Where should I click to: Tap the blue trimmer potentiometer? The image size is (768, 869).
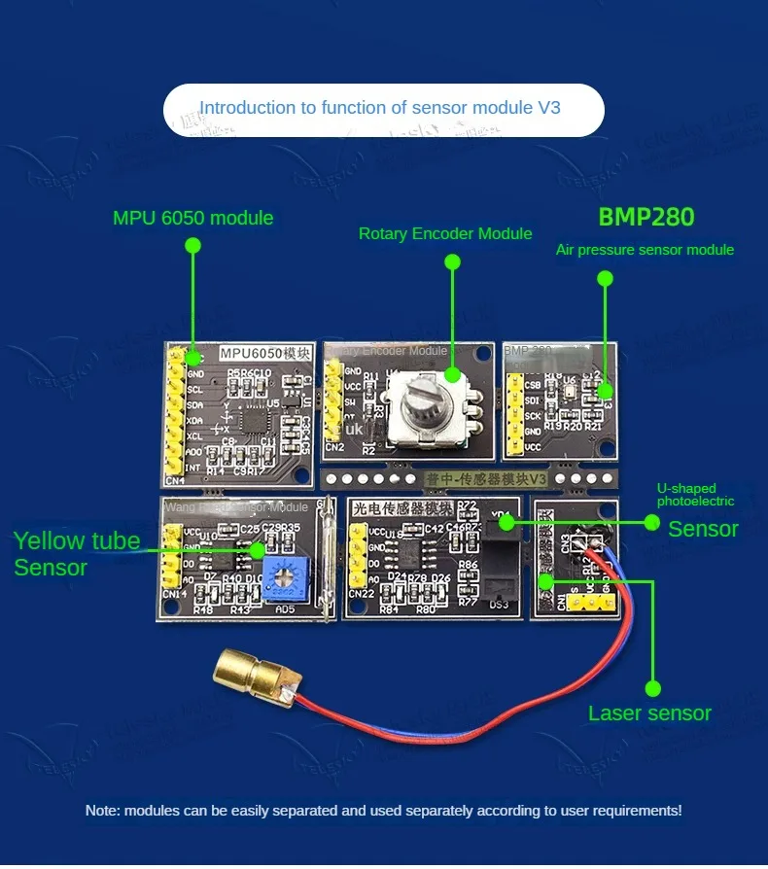pyautogui.click(x=282, y=579)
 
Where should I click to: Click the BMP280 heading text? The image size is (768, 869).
pyautogui.click(x=646, y=217)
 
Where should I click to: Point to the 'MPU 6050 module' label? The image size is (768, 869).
pyautogui.click(x=192, y=218)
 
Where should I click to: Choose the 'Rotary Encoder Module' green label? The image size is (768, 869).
pyautogui.click(x=445, y=233)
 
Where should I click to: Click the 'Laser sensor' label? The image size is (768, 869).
pyautogui.click(x=649, y=713)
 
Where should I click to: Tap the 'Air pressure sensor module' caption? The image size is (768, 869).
pyautogui.click(x=645, y=250)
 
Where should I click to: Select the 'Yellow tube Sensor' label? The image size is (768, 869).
pyautogui.click(x=77, y=554)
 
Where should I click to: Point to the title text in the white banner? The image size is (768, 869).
pyautogui.click(x=380, y=108)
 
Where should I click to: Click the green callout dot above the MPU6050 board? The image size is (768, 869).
pyautogui.click(x=192, y=247)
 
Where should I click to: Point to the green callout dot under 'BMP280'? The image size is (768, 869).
pyautogui.click(x=605, y=279)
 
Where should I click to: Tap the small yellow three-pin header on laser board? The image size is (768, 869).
pyautogui.click(x=585, y=603)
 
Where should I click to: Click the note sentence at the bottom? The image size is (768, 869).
pyautogui.click(x=383, y=810)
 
